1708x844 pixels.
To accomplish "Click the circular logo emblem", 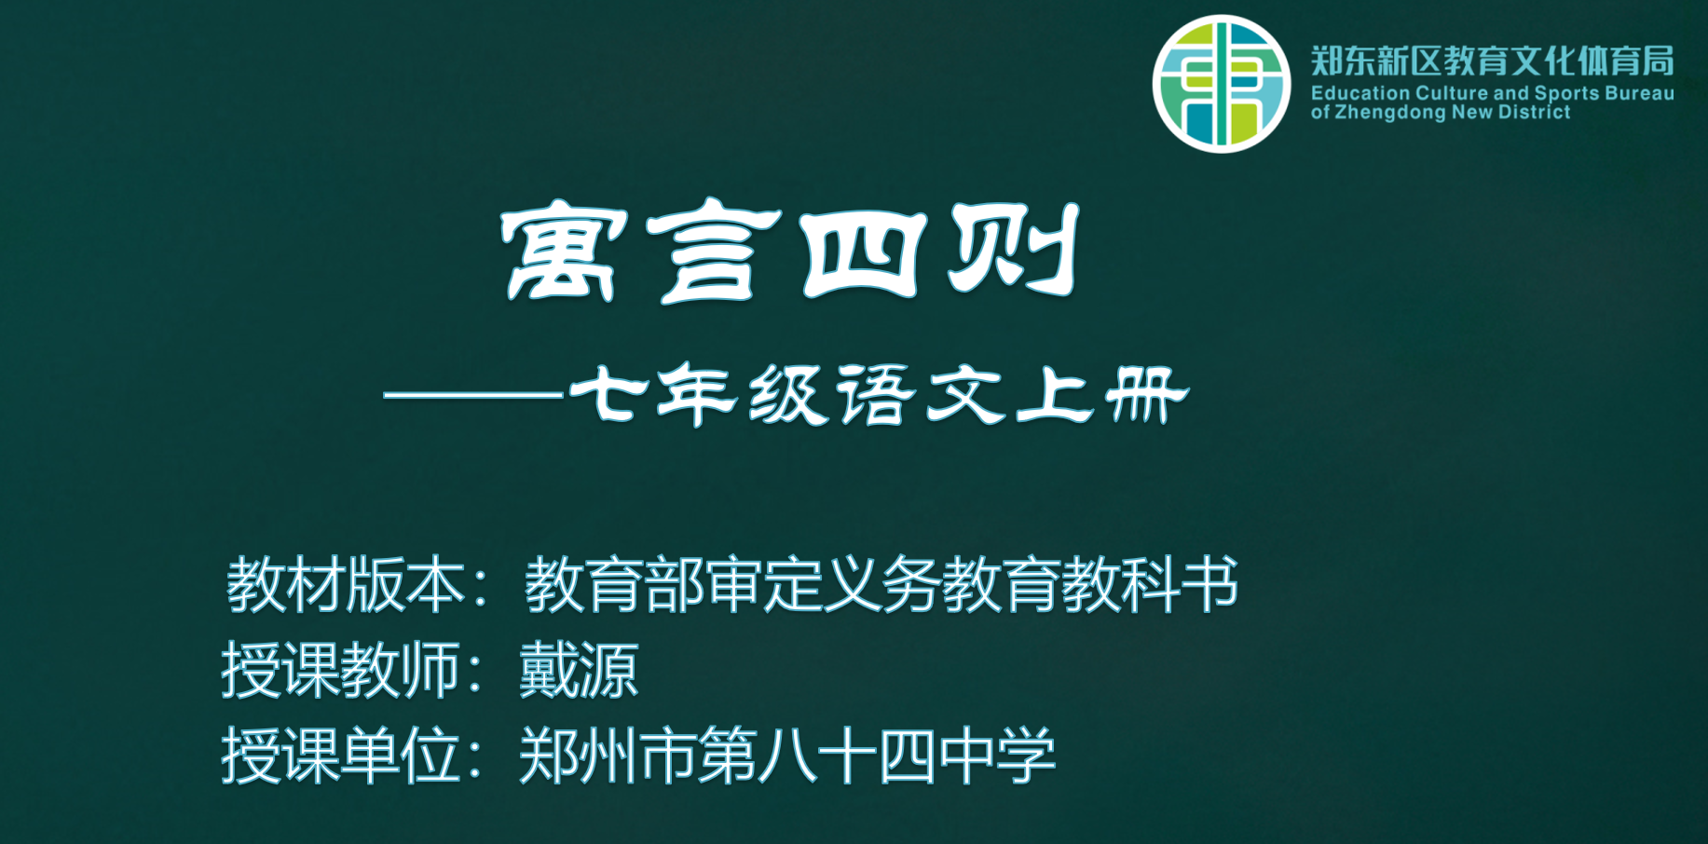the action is (1221, 83).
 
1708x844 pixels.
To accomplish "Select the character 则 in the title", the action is (1015, 250).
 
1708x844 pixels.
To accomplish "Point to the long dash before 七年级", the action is (473, 395).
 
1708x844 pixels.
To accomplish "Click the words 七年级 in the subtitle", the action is (699, 394).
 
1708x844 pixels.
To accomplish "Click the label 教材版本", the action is (346, 585).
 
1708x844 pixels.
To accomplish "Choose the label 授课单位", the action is (341, 756).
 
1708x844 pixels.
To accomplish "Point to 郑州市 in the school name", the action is (608, 756).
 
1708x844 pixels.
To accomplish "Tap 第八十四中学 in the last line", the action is (877, 756).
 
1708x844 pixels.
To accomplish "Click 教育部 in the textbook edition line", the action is (614, 585).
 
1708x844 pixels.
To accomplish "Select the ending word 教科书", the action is (1150, 585).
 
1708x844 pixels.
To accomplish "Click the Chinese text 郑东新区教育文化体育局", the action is (1492, 61).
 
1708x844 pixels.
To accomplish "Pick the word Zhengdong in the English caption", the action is (1389, 113).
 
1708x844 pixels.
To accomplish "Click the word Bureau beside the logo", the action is (1639, 93).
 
